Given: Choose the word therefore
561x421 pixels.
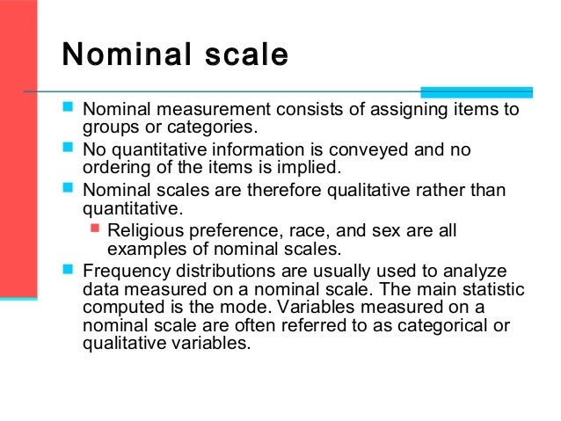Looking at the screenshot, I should (249, 190).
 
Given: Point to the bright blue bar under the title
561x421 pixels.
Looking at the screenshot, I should (476, 91).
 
